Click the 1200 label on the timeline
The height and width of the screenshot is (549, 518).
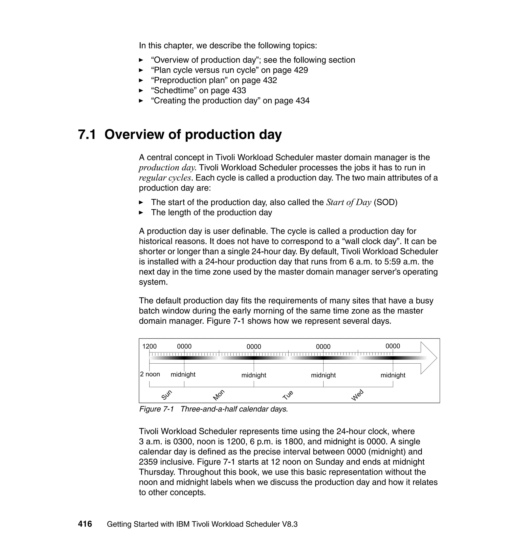[x=149, y=346]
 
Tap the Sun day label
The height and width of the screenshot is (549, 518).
[x=167, y=395]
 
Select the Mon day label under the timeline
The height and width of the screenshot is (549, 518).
[x=219, y=395]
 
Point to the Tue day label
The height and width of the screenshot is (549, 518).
[x=288, y=395]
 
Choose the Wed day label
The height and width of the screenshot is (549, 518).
[x=357, y=395]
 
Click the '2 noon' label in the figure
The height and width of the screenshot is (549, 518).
[x=150, y=374]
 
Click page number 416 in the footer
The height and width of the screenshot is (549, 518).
[x=85, y=524]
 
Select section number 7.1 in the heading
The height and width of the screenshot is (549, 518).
[x=87, y=135]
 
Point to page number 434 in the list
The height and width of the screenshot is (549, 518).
[x=302, y=101]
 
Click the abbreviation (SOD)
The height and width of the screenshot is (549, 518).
[x=385, y=202]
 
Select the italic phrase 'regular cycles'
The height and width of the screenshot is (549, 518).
[x=165, y=178]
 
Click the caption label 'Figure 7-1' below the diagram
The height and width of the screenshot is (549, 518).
[x=156, y=409]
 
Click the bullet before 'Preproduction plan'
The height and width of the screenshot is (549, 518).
[x=141, y=81]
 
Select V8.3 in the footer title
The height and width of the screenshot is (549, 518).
[x=290, y=524]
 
